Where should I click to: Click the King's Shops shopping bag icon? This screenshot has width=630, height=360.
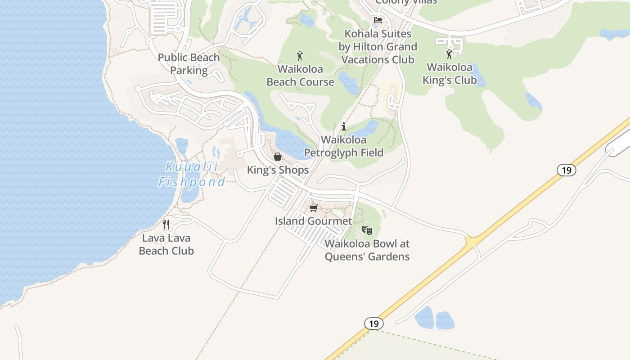point(278,157)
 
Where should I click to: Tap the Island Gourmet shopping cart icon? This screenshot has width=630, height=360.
point(314,208)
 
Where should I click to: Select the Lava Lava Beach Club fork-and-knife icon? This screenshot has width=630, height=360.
point(166,225)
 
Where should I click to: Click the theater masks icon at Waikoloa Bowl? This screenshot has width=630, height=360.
point(367,231)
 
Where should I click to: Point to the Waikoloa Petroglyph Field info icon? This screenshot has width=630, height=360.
point(344,127)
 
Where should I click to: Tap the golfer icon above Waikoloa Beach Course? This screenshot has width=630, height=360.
point(300,56)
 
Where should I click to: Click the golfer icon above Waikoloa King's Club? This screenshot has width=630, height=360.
point(449,54)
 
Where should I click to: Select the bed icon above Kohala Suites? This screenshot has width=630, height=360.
point(378,20)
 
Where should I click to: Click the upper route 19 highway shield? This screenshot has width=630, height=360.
point(566,170)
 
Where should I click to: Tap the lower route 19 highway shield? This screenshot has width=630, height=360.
point(373,324)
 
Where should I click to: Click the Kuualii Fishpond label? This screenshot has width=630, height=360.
point(192,174)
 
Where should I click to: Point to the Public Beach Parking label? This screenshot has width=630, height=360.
point(189,64)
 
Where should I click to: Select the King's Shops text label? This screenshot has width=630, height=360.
point(278,170)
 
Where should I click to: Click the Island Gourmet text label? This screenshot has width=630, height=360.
point(314,221)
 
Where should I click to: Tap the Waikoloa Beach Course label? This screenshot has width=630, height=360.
point(301,76)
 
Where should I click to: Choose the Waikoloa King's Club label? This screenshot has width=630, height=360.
point(450,74)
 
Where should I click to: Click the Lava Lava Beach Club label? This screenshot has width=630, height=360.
point(166,244)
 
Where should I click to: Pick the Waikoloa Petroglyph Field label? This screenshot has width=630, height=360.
point(344,146)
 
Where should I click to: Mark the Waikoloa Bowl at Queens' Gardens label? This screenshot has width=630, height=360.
point(367,250)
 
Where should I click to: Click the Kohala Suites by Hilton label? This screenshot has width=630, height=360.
point(378,46)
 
